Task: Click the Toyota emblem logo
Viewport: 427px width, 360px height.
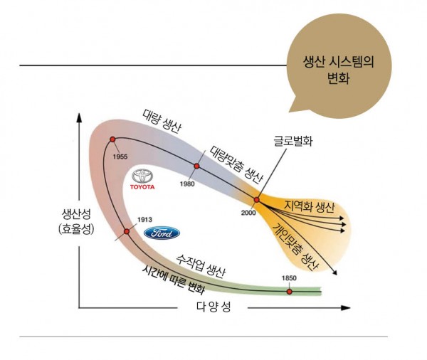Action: pyautogui.click(x=142, y=176)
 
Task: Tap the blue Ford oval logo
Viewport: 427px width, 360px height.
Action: pyautogui.click(x=162, y=233)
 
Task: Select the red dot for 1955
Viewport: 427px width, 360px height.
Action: pyautogui.click(x=112, y=139)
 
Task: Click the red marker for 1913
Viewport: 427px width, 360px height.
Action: pyautogui.click(x=127, y=231)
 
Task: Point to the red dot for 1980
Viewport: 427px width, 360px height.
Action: pyautogui.click(x=196, y=166)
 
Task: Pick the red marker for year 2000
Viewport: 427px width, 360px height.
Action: pyautogui.click(x=256, y=200)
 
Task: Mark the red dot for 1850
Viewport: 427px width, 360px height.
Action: pyautogui.click(x=289, y=292)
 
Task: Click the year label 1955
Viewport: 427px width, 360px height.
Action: pyautogui.click(x=120, y=157)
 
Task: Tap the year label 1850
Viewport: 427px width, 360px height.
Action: pyautogui.click(x=289, y=278)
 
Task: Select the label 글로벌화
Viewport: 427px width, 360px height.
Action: pyautogui.click(x=292, y=141)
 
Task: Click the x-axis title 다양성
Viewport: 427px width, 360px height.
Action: pyautogui.click(x=213, y=307)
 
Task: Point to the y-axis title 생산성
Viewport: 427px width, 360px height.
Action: pyautogui.click(x=76, y=214)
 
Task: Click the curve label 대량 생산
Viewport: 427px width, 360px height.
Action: pyautogui.click(x=161, y=122)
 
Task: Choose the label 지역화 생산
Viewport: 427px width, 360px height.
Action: pyautogui.click(x=309, y=207)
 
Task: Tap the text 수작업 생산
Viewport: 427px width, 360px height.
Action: pyautogui.click(x=201, y=267)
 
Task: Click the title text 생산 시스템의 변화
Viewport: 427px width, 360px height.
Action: pyautogui.click(x=339, y=70)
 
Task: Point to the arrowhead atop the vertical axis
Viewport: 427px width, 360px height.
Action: pyautogui.click(x=79, y=117)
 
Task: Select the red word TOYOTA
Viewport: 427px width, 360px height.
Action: pyautogui.click(x=142, y=187)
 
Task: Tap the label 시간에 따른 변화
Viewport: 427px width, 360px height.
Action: pyautogui.click(x=173, y=280)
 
